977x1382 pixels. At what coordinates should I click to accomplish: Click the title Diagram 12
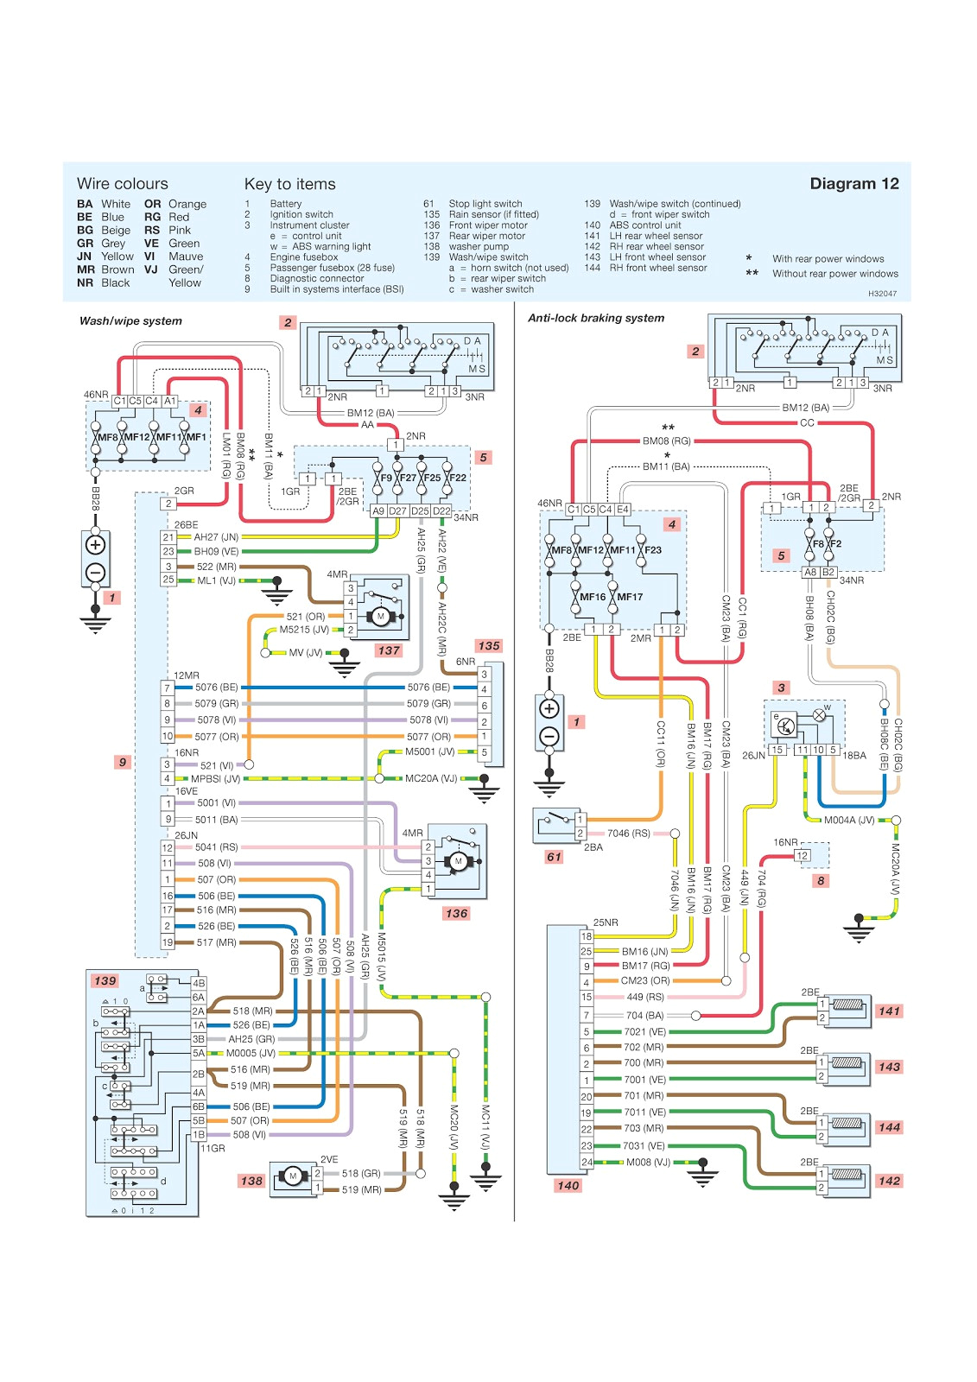(853, 184)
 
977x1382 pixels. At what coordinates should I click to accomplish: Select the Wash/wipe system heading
(130, 321)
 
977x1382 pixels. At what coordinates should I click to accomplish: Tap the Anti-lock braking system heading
(596, 318)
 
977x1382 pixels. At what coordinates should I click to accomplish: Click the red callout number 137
(389, 650)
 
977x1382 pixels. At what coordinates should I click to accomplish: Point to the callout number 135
(488, 646)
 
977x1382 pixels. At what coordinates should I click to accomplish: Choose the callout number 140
(568, 1185)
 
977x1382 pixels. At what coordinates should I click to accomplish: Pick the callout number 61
(553, 857)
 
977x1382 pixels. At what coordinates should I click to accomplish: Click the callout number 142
(888, 1181)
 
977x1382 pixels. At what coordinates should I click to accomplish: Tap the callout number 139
(105, 980)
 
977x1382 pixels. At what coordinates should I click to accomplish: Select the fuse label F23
(653, 550)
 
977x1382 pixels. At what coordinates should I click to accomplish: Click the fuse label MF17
(630, 597)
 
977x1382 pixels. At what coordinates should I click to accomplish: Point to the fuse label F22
(457, 478)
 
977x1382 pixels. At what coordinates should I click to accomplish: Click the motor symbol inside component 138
(293, 1176)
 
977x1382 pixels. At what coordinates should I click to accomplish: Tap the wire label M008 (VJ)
(648, 1163)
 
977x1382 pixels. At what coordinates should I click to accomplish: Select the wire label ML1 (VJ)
(216, 580)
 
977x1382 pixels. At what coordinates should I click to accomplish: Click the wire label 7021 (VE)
(645, 1031)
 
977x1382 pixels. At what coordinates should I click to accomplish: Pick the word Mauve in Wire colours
(186, 257)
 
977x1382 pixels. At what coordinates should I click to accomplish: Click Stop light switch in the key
(485, 204)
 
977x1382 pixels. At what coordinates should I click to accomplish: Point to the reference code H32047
(882, 294)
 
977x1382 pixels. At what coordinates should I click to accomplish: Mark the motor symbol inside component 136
(459, 861)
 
